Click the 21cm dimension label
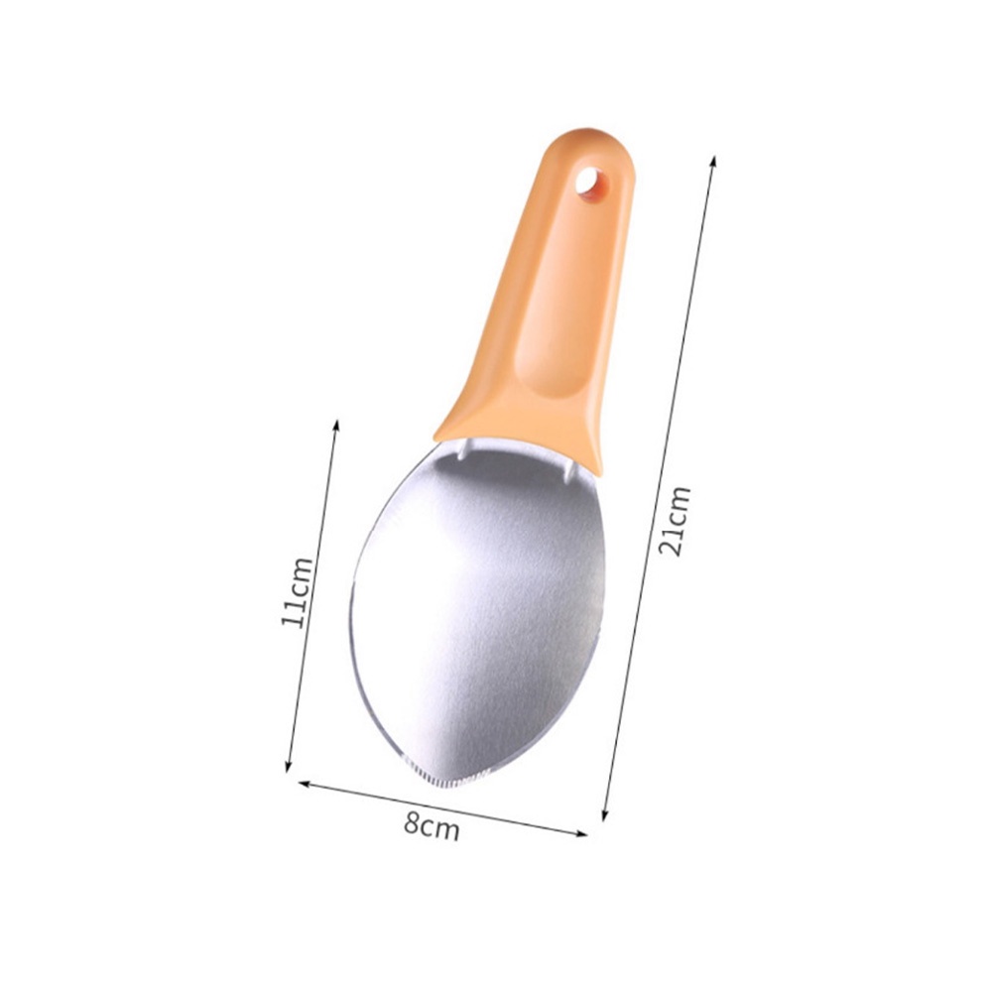[674, 521]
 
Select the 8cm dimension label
[432, 824]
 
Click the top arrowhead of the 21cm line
[713, 160]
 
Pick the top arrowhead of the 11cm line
[336, 423]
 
